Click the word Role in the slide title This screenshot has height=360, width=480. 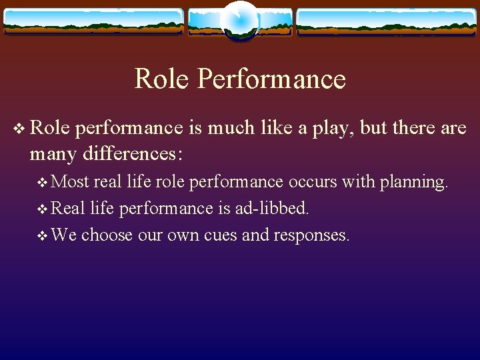[x=162, y=79]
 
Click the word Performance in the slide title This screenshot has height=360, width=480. [x=271, y=79]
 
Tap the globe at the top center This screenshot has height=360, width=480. [x=240, y=20]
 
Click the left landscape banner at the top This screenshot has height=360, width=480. [x=93, y=22]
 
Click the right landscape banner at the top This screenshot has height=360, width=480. [x=387, y=22]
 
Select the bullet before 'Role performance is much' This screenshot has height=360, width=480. [x=18, y=128]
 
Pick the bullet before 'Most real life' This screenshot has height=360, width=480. [x=43, y=182]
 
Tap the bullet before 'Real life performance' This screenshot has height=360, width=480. [x=43, y=209]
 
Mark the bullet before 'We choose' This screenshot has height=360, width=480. [x=43, y=235]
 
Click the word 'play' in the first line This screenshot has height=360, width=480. [x=331, y=128]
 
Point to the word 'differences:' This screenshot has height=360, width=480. [x=133, y=153]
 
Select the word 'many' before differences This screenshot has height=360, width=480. [x=53, y=154]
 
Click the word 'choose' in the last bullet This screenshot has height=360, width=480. [x=107, y=235]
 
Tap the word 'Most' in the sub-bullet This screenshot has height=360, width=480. [x=70, y=182]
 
